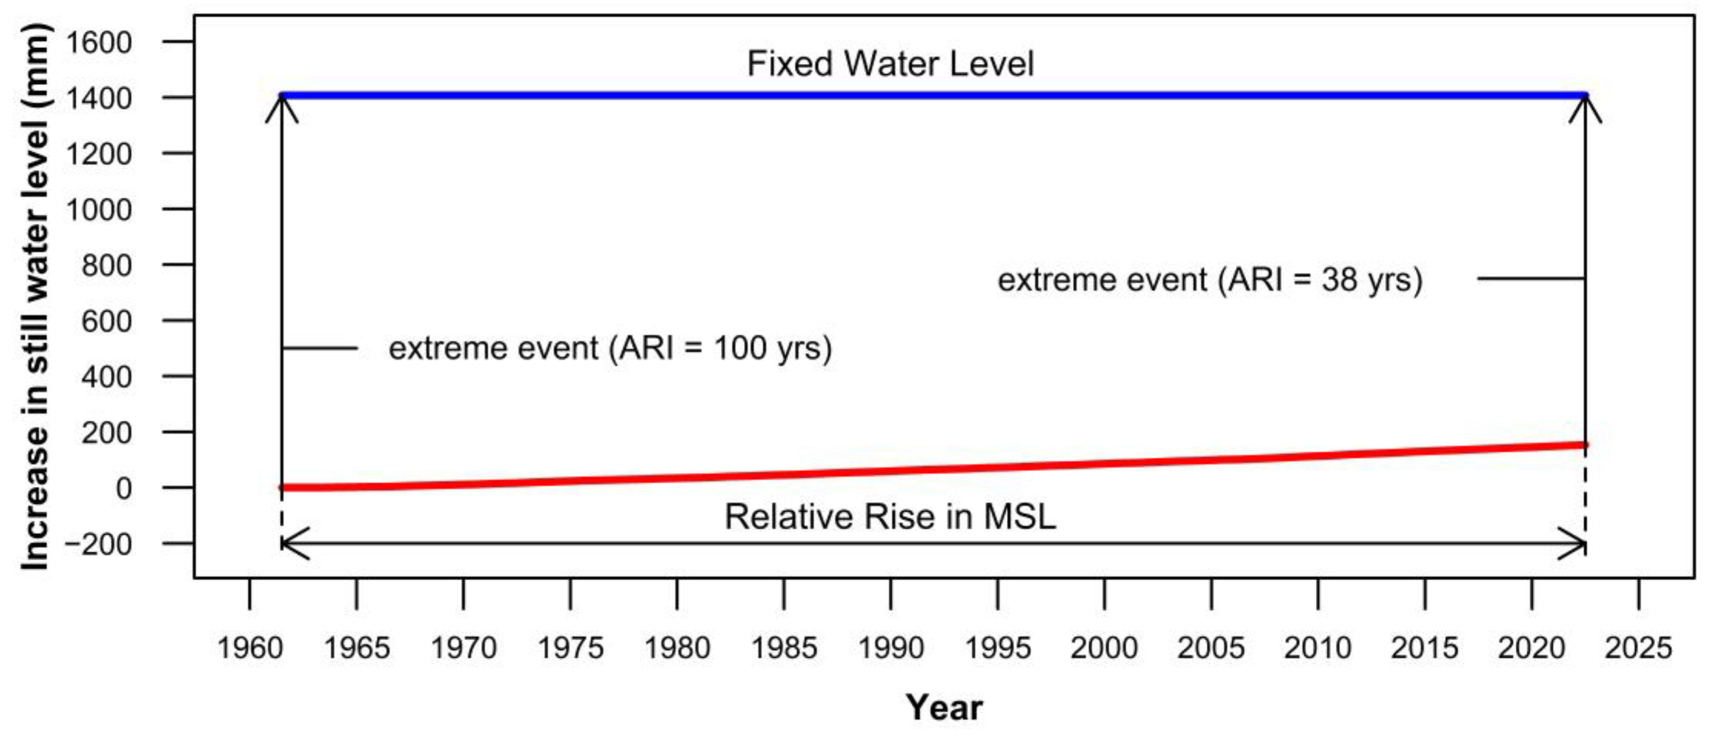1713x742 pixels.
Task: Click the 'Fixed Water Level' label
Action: [890, 64]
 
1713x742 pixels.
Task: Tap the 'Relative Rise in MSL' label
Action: [890, 517]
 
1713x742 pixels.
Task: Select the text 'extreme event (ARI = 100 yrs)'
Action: [610, 348]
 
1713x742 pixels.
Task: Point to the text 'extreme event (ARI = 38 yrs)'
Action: [1209, 279]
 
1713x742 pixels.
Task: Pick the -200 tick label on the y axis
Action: [98, 544]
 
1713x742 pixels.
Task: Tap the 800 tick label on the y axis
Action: [107, 265]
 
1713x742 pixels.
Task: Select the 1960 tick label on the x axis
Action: [249, 648]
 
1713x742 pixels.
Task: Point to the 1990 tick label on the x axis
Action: [890, 648]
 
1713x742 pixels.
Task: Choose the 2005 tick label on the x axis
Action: [1211, 648]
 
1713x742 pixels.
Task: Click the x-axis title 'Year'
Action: [944, 707]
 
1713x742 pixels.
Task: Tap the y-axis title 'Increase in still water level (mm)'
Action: [35, 296]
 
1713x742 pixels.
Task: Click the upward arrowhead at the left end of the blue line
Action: [282, 107]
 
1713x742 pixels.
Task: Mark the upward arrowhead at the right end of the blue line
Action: [1585, 107]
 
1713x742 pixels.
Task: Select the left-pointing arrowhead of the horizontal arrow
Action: [293, 544]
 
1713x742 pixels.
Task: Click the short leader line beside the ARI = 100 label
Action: [320, 348]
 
